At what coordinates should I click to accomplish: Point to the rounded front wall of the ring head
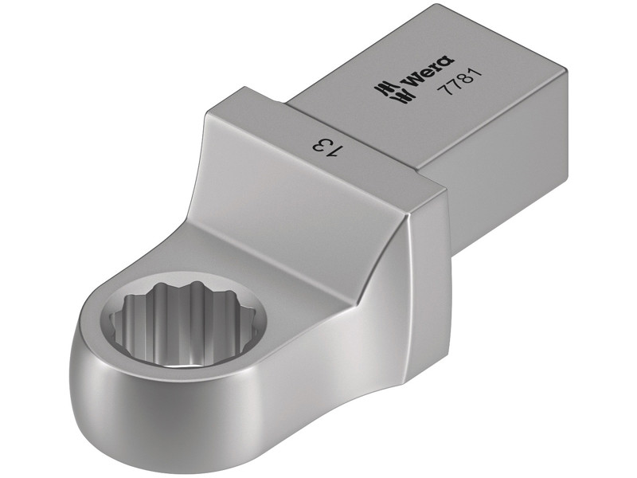[x=159, y=422]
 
